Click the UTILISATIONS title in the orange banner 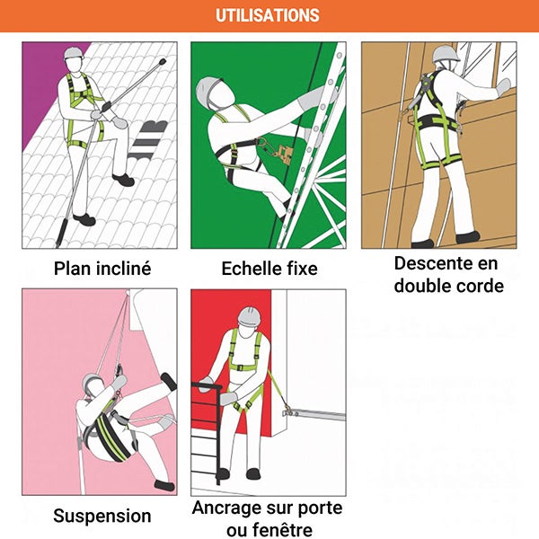(x=268, y=15)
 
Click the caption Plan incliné (x=102, y=269)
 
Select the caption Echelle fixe (x=269, y=269)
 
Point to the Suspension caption (x=102, y=516)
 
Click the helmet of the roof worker (x=73, y=54)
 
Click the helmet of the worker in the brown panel (x=446, y=54)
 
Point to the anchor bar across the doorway (x=314, y=414)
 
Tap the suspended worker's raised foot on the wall (x=167, y=382)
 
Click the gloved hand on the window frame (x=504, y=87)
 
